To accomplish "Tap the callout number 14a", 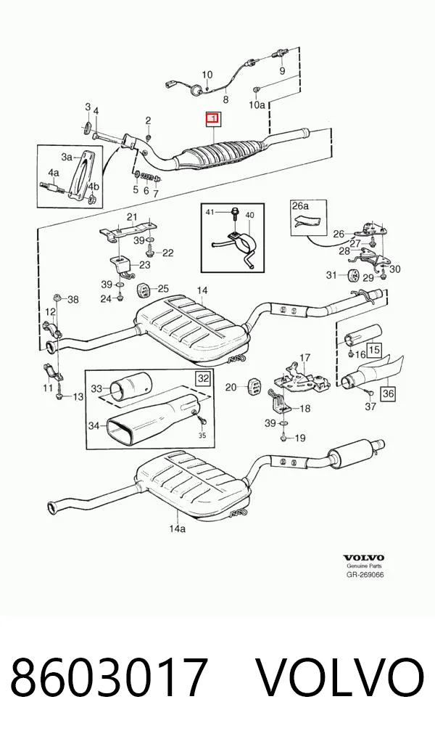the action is (177, 528).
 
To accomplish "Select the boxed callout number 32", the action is (203, 377).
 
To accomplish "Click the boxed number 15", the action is (374, 349).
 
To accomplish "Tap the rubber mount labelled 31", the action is (353, 274).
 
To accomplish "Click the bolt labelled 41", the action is (234, 216).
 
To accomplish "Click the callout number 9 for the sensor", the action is (283, 70).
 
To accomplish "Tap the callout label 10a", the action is (257, 105).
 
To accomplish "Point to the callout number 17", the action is (304, 358).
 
